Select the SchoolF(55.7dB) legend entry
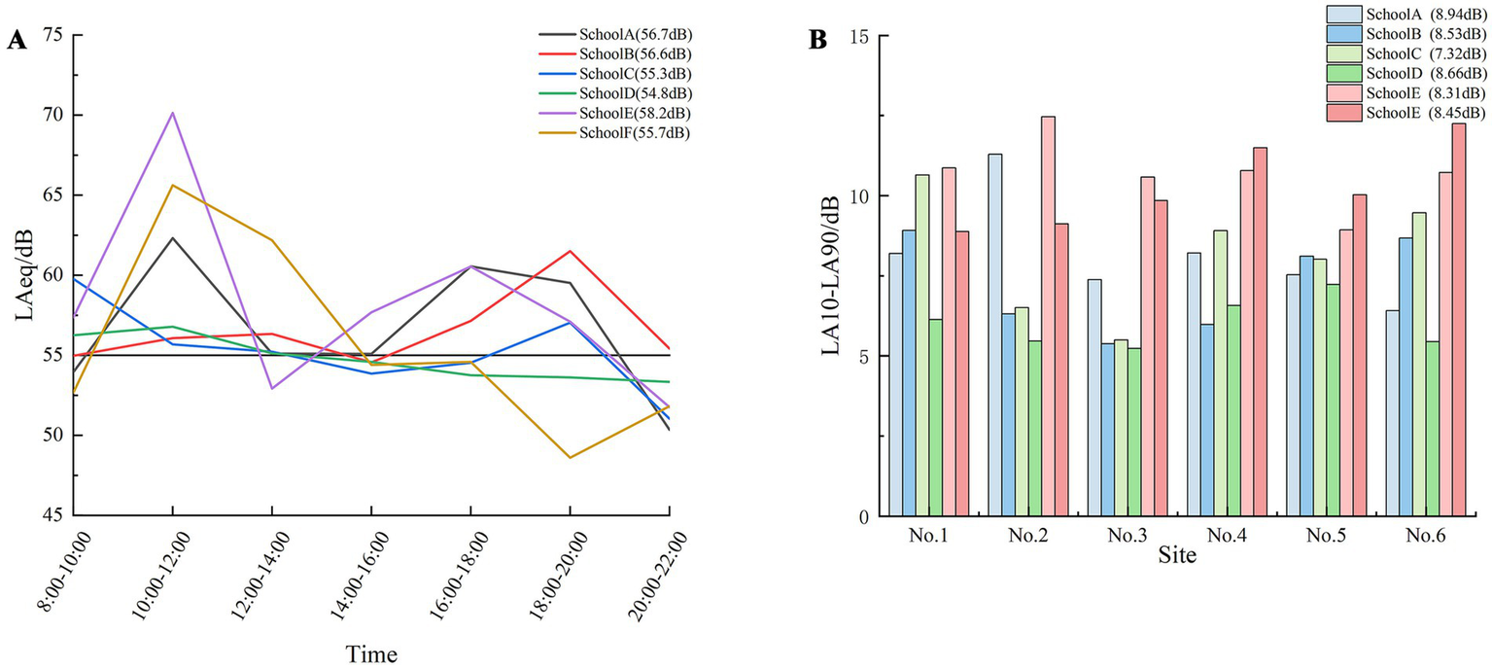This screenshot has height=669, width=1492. point(633,133)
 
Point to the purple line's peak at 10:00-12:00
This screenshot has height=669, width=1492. point(172,113)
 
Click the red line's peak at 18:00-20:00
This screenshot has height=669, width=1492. point(570,251)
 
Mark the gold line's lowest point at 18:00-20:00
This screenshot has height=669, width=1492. point(570,457)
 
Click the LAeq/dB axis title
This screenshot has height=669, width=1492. point(23,275)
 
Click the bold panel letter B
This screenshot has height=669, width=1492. point(818,41)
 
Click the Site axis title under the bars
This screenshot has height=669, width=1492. point(1177,557)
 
